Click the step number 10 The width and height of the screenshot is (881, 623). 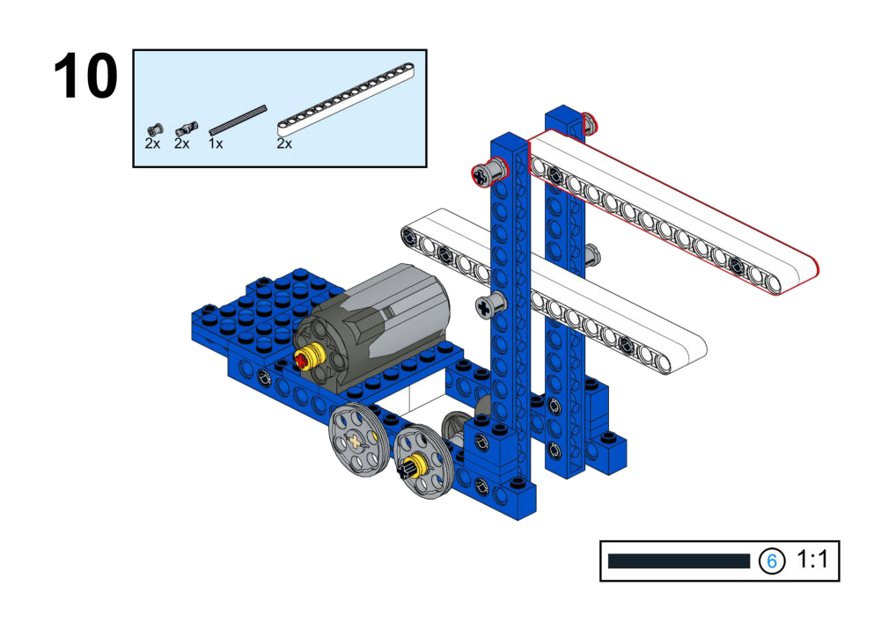coord(85,76)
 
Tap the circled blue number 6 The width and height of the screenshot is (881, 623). coord(772,561)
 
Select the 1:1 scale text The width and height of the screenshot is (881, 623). coord(812,560)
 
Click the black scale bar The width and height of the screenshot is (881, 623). coord(679,561)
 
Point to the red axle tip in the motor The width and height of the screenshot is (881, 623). coord(301,360)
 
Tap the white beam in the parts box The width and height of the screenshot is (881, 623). coord(346,100)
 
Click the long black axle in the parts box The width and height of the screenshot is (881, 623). coord(238,120)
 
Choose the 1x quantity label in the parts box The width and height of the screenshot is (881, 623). coord(216,143)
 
